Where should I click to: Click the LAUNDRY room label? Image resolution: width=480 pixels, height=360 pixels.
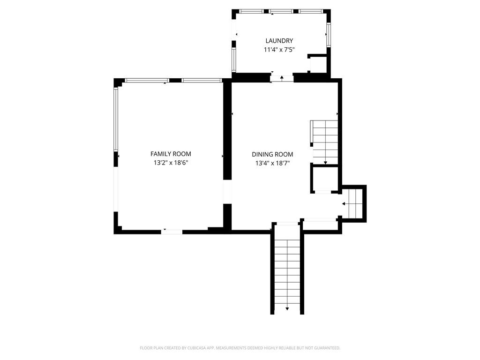tap(279, 41)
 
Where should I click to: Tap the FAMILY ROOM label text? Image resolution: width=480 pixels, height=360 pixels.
tap(171, 154)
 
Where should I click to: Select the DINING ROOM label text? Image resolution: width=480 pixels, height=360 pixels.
tap(272, 155)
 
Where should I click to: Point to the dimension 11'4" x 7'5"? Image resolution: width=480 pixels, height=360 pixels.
tap(279, 50)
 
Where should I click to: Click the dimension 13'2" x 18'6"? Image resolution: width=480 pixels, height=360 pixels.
tap(171, 163)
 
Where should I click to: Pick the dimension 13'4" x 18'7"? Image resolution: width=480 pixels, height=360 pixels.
tap(272, 163)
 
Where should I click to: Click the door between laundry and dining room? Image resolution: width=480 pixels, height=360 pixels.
tap(282, 78)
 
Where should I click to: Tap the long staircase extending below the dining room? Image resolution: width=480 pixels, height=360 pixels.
tap(287, 270)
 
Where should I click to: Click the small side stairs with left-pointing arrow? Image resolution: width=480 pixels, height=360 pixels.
tap(355, 203)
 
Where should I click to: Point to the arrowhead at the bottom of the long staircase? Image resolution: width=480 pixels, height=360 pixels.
tap(287, 309)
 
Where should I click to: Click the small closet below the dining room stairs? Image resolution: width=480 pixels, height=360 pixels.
tap(324, 179)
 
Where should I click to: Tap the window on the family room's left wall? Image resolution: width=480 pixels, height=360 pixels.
tap(116, 119)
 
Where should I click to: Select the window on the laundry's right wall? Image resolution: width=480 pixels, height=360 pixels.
tap(329, 35)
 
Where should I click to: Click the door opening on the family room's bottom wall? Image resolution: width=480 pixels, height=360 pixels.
tap(172, 232)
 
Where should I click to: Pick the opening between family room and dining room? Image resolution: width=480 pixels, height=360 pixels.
tap(227, 192)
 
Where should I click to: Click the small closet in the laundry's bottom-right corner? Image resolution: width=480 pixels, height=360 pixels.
tap(318, 64)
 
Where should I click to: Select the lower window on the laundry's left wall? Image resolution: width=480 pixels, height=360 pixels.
tap(234, 60)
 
